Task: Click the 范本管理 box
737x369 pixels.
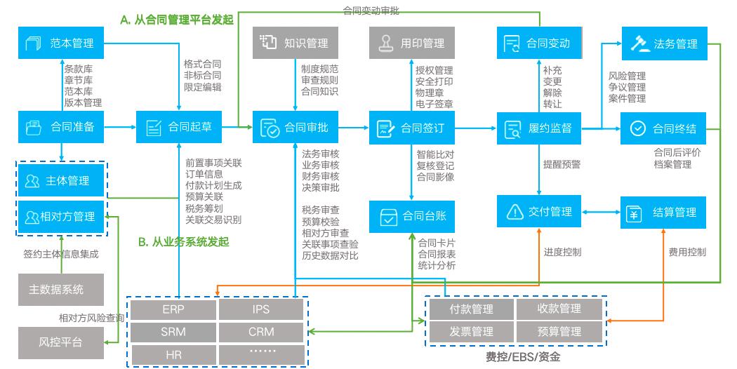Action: point(61,43)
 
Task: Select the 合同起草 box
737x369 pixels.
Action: point(179,127)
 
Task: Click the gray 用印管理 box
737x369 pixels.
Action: point(412,43)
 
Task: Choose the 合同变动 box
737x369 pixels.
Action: point(538,43)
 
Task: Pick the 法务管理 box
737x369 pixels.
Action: point(664,43)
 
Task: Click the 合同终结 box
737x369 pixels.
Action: point(664,128)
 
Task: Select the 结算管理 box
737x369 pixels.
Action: point(664,212)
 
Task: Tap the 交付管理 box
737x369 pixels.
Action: point(538,212)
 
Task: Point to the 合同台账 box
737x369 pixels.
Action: point(412,217)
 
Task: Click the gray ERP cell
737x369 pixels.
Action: point(172,309)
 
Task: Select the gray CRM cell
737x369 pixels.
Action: point(261,331)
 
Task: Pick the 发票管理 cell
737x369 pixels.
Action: point(471,331)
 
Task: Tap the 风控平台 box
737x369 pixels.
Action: point(61,342)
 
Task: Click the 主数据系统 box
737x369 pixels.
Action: point(61,289)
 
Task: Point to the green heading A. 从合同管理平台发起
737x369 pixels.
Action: point(176,20)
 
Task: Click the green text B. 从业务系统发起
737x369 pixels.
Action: point(183,242)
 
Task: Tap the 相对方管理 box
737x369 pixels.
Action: point(61,217)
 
